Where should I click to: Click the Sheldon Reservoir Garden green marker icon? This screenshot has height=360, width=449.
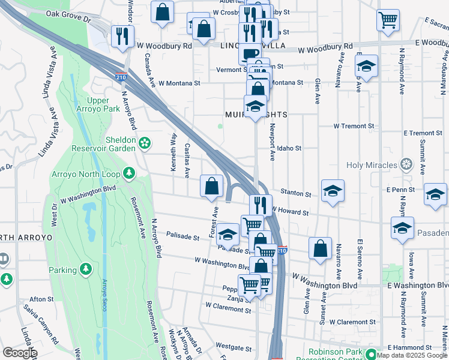[144, 143]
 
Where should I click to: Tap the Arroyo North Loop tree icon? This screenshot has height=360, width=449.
[128, 173]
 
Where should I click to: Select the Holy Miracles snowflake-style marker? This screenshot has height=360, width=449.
[406, 164]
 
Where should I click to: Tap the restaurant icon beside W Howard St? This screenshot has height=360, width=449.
[261, 205]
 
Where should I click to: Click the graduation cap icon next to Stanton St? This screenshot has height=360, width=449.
[333, 190]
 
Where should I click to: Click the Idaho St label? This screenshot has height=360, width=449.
[289, 148]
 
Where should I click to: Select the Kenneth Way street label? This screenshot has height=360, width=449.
[174, 153]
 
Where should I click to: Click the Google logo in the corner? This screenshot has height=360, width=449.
[20, 353]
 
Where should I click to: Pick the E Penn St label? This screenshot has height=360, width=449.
[401, 190]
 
